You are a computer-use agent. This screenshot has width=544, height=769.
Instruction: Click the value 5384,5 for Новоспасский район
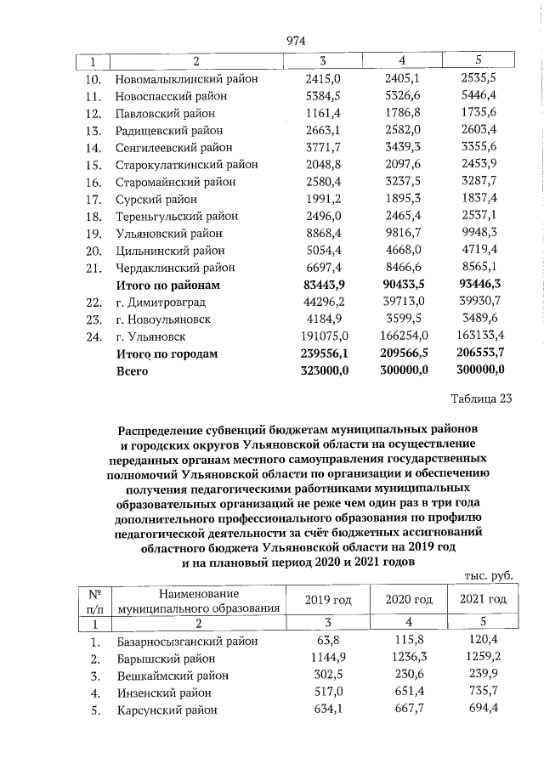[x=322, y=95]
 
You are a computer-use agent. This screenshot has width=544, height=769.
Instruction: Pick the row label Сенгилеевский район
[x=173, y=148]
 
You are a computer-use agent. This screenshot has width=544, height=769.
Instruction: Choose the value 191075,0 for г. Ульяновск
[x=320, y=336]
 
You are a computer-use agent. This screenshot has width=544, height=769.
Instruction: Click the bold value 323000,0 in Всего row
[x=319, y=370]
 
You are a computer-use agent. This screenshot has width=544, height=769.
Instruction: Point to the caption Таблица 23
[x=481, y=401]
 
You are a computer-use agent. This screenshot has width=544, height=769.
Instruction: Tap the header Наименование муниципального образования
[x=199, y=600]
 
